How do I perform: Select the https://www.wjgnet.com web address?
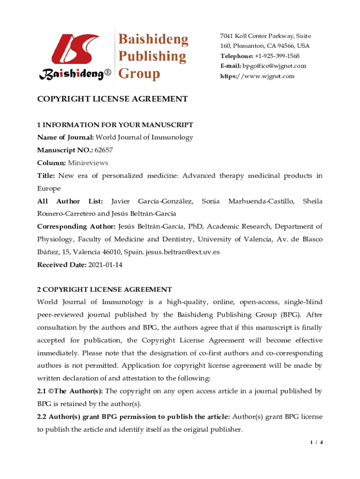258,76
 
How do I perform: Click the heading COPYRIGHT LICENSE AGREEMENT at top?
112,99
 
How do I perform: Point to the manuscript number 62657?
103,150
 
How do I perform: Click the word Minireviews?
88,163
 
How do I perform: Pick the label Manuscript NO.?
65,150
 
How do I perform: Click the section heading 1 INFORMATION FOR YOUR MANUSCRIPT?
115,125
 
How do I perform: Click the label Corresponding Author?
77,226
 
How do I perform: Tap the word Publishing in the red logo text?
151,57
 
